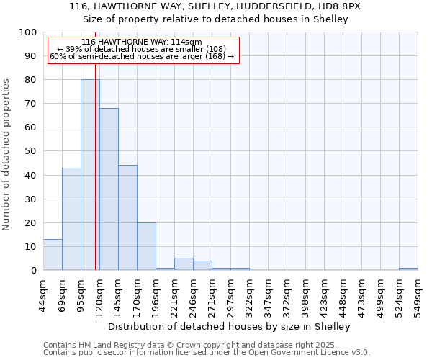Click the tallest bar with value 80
point(90,175)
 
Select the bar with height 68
point(109,189)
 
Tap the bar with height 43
point(71,219)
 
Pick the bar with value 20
point(146,246)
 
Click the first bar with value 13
point(53,255)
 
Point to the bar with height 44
point(127,217)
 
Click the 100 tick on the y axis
point(28,32)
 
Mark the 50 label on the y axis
point(31,151)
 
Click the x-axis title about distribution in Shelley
point(230,326)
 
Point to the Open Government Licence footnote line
point(207,352)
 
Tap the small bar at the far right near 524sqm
point(408,269)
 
